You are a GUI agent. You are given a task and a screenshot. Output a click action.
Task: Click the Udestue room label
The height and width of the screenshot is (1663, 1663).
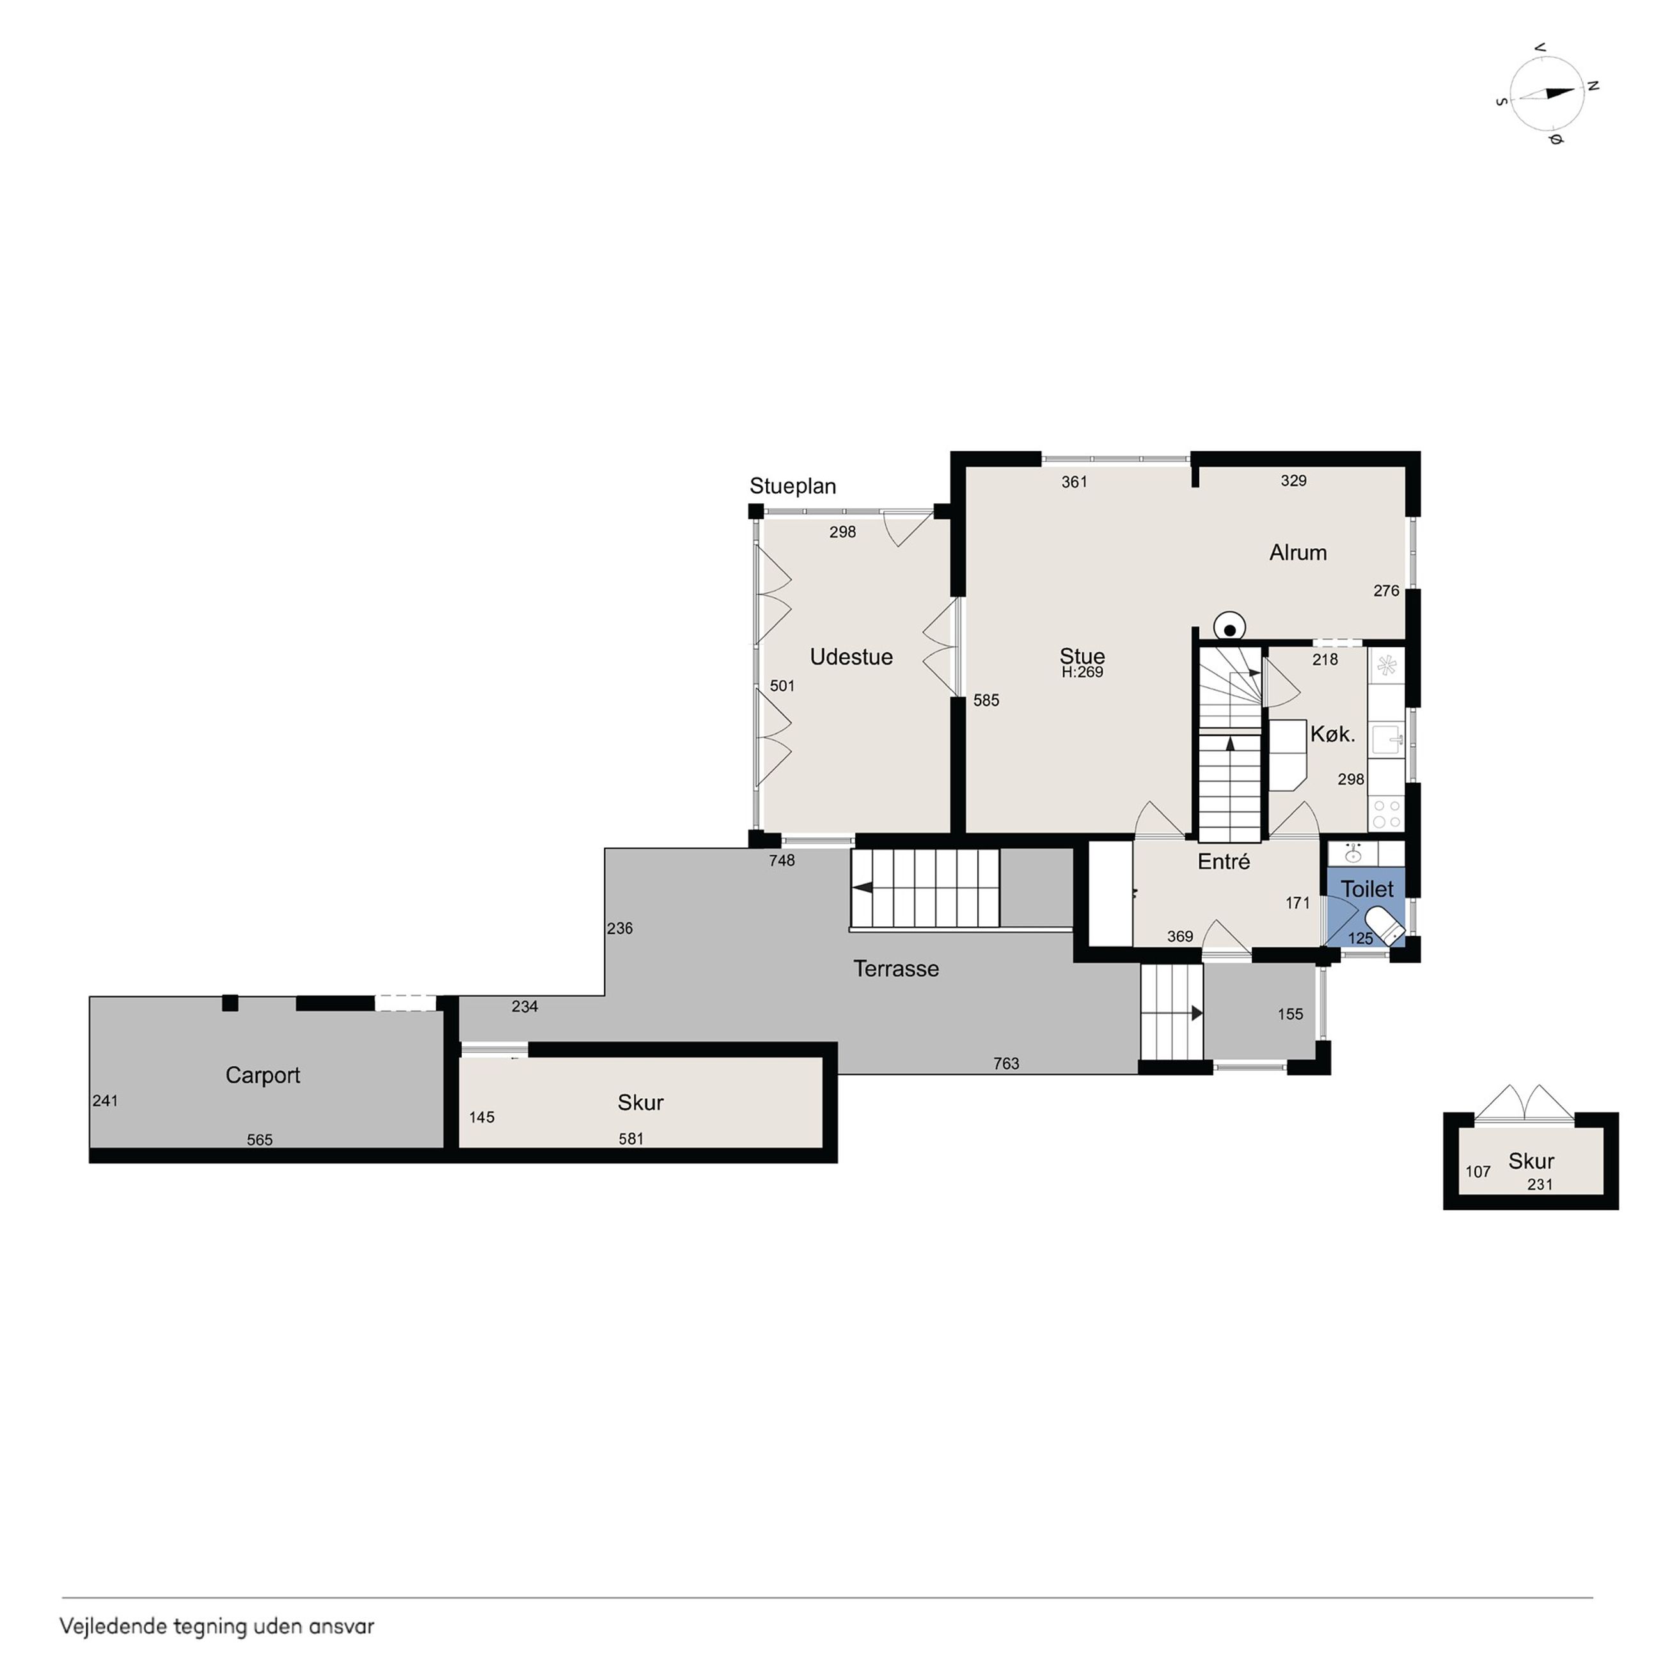point(851,657)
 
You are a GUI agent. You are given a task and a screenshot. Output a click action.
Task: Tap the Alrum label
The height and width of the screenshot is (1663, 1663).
point(1297,553)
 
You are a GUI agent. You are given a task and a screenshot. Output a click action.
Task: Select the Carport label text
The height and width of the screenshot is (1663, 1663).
point(262,1075)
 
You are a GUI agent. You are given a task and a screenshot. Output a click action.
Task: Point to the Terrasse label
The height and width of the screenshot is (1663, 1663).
point(895,968)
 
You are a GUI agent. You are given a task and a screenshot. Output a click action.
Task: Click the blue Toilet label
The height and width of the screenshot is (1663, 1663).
point(1367,889)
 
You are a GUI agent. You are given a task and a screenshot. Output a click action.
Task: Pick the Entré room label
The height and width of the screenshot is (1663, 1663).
point(1223,862)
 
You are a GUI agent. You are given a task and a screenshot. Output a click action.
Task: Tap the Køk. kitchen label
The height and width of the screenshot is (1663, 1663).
point(1332,734)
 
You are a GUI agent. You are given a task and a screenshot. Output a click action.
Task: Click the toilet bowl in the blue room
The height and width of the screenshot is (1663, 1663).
point(1384,928)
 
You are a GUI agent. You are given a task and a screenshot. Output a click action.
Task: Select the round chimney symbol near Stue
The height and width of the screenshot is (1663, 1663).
point(1230,629)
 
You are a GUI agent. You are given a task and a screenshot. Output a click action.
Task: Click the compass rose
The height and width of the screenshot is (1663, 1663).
point(1547,94)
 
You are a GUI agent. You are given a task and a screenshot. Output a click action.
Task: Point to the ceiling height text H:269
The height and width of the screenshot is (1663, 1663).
point(1082,672)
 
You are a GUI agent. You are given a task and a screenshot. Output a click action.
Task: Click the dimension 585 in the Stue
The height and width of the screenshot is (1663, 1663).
point(986,700)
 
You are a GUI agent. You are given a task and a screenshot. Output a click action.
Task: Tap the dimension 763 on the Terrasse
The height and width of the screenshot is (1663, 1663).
point(1006,1064)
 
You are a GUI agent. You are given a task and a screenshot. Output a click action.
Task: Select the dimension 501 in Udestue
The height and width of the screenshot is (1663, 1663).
point(782,686)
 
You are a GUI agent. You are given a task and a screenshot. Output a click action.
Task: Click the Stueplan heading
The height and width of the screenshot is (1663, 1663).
point(792,486)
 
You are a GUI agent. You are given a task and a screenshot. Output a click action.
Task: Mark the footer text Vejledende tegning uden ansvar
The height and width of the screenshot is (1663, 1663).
point(217,1626)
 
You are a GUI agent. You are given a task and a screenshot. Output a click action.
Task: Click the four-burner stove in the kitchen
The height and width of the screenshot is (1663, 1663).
point(1386,814)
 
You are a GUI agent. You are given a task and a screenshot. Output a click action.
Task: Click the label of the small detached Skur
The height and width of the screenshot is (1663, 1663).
point(1531,1161)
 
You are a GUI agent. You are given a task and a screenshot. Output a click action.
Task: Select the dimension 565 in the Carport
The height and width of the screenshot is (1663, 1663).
point(260,1140)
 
